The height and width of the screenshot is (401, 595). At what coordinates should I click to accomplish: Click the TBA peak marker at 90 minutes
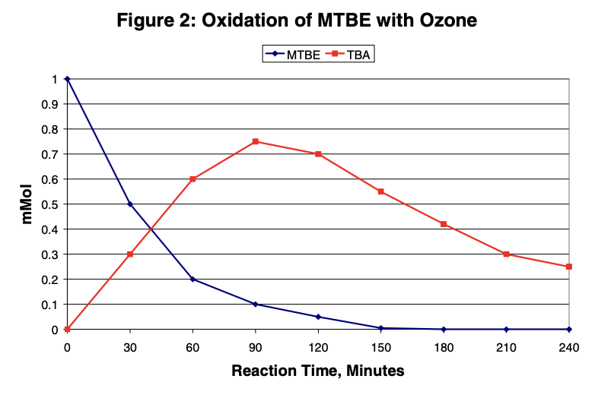[x=256, y=141]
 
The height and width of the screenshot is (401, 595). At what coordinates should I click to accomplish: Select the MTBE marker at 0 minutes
[x=67, y=79]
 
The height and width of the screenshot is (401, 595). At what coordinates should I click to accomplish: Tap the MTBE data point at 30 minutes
[x=130, y=204]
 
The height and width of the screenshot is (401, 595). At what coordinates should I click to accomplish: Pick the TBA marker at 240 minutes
[x=569, y=267]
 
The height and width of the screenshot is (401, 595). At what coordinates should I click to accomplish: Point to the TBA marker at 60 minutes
[x=192, y=179]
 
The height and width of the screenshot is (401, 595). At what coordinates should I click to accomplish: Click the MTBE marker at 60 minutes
[x=192, y=279]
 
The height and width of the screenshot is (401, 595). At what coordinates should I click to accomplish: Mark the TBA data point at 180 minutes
[x=444, y=224]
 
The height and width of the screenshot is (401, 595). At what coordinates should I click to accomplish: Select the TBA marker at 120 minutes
[x=318, y=154]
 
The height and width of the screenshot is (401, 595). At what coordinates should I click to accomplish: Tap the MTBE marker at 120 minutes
[x=318, y=317]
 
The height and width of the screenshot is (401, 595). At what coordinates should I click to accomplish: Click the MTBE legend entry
[x=289, y=55]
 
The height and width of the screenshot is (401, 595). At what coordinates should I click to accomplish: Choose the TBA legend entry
[x=351, y=55]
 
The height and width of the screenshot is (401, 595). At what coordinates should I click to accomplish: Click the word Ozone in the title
[x=443, y=21]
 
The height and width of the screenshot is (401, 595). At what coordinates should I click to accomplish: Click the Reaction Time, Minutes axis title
[x=318, y=371]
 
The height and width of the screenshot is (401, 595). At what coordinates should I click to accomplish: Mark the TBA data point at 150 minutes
[x=380, y=191]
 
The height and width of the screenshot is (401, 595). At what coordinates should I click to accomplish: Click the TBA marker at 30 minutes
[x=130, y=254]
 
